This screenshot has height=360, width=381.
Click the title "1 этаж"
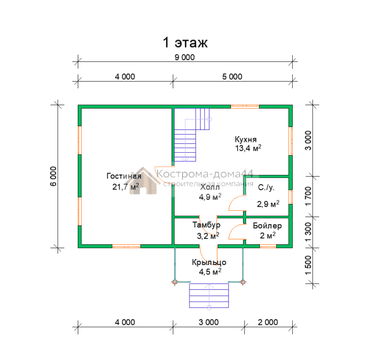[x=185, y=42]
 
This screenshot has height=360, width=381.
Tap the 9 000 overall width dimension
[x=185, y=58]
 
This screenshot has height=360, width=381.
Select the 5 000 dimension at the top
[x=232, y=77]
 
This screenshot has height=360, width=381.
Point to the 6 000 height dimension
[x=54, y=176]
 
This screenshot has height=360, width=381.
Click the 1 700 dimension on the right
[x=308, y=196]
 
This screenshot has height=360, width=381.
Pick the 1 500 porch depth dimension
[x=308, y=265]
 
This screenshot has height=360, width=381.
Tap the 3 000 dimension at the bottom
[x=208, y=322]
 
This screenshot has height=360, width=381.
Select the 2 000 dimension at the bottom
[x=268, y=322]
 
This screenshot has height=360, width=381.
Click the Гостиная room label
[x=124, y=176]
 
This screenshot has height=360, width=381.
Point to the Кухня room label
[x=246, y=139]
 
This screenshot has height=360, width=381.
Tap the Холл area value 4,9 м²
[x=210, y=196]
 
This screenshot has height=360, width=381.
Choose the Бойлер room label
[x=267, y=226]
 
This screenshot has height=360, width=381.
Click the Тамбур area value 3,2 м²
[x=208, y=236]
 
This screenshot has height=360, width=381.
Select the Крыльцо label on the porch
[x=209, y=262]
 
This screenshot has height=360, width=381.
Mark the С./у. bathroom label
[x=266, y=187]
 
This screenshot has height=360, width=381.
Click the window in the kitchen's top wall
[x=245, y=106]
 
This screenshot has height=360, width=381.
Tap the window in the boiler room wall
[x=268, y=246]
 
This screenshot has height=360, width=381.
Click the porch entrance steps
[x=209, y=296]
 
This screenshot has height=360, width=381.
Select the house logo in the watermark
[x=143, y=181]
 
